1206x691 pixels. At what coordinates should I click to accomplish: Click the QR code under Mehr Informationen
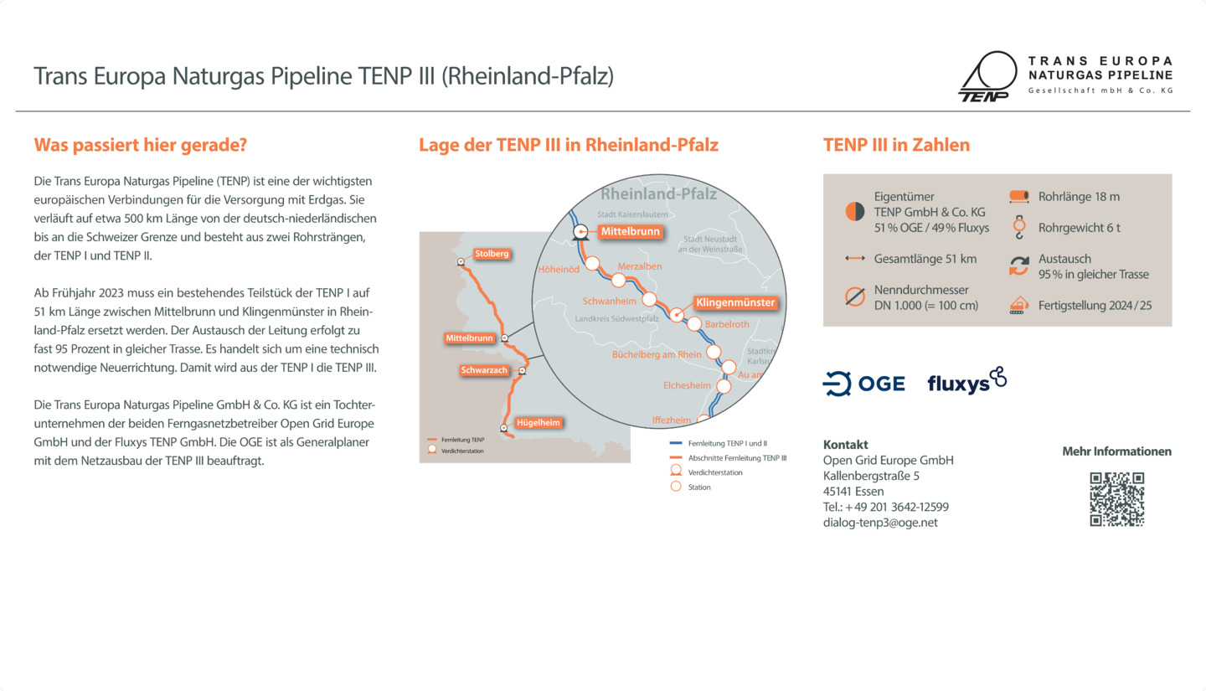(1116, 499)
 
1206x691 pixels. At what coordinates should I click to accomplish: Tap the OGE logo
(863, 384)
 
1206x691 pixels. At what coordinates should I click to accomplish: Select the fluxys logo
(966, 381)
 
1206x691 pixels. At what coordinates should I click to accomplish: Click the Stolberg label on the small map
(492, 254)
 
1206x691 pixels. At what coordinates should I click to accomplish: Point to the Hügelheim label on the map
(538, 422)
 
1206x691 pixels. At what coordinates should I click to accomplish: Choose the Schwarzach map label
(484, 370)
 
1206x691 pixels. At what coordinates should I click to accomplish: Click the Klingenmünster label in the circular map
(735, 302)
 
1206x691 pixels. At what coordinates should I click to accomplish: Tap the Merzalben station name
(640, 266)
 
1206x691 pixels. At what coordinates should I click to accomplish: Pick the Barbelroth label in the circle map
(727, 323)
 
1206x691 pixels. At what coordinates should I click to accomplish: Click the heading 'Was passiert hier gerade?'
(140, 145)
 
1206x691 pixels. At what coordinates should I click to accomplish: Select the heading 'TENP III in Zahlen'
(896, 145)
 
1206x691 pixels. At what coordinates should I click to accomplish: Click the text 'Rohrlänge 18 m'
(1079, 197)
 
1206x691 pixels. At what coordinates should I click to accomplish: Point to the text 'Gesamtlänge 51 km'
(925, 259)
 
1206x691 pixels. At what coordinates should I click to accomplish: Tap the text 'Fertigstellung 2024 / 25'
(1095, 306)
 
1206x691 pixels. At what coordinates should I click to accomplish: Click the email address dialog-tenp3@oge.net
(880, 523)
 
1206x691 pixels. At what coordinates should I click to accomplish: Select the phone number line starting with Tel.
(885, 507)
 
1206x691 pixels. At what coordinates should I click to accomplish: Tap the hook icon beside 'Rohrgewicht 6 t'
(1018, 228)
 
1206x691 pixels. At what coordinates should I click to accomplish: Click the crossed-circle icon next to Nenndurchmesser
(854, 297)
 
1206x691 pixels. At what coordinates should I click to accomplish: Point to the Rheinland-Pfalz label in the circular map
(658, 194)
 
